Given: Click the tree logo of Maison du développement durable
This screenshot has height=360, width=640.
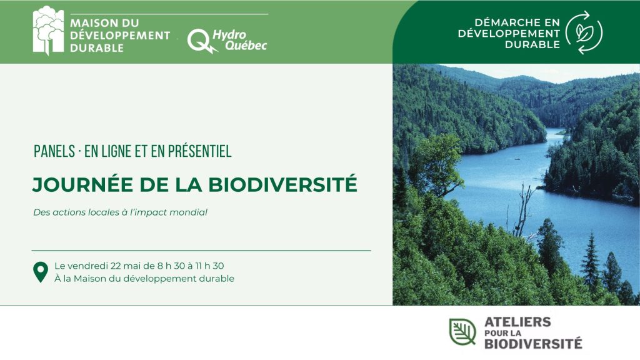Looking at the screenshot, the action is [x=48, y=30].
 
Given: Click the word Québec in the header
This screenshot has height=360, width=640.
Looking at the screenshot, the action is [x=246, y=45].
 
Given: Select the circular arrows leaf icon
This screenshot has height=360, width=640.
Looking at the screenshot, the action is [x=584, y=32].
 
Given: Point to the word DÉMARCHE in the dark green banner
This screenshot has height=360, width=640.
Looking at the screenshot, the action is [x=502, y=22].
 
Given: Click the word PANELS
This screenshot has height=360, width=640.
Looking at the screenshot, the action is [x=54, y=151].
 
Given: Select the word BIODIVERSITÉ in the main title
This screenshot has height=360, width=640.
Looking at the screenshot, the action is [x=282, y=184].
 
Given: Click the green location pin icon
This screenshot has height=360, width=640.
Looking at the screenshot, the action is [x=41, y=272].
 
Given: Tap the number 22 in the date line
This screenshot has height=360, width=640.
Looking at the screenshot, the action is [x=116, y=266].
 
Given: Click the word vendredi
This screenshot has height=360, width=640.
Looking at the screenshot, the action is [x=87, y=266].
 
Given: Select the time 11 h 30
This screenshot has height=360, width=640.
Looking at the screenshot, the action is [x=209, y=266].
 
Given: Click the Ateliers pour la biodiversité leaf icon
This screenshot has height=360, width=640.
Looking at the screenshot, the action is [x=462, y=331].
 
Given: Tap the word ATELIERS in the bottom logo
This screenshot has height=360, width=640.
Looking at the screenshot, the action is [x=517, y=322].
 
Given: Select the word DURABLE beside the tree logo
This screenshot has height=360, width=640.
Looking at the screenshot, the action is [x=97, y=48].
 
